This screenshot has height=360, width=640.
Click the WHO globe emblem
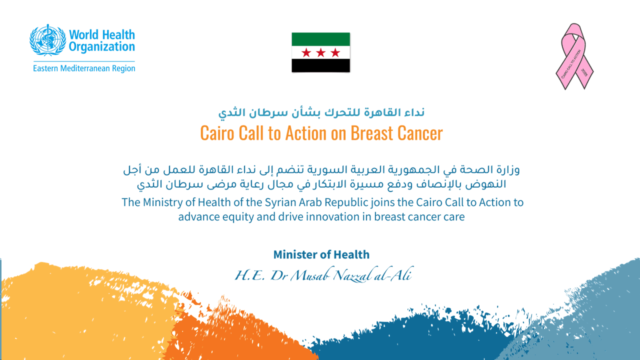click(47, 40)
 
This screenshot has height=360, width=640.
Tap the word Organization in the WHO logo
click(101, 47)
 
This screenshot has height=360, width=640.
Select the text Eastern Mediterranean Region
click(84, 68)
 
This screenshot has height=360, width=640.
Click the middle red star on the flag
click(321, 52)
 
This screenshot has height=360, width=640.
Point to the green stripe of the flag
click(321, 39)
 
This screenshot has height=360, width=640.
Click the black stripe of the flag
click(321, 65)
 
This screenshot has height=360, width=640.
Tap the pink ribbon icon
click(574, 56)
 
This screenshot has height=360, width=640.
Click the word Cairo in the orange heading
click(217, 133)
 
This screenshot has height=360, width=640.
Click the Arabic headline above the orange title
click(321, 112)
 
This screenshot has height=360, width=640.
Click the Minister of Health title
click(321, 254)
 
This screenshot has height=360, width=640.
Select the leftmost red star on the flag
click(306, 52)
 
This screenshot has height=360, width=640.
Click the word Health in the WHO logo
click(118, 35)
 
